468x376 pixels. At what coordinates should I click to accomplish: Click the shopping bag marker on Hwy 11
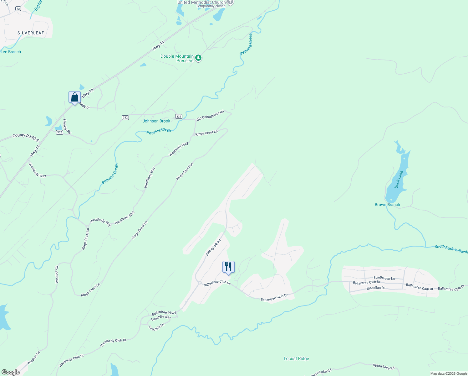pyautogui.click(x=74, y=97)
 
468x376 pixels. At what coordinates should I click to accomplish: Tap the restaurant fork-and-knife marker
pyautogui.click(x=228, y=267)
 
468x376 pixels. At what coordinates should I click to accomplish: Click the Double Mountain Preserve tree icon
pyautogui.click(x=198, y=58)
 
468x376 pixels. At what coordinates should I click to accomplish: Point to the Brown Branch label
pyautogui.click(x=387, y=205)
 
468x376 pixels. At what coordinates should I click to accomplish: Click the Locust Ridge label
pyautogui.click(x=296, y=358)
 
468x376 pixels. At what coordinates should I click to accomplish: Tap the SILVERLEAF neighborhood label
pyautogui.click(x=31, y=33)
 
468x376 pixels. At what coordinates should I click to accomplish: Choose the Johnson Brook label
pyautogui.click(x=156, y=121)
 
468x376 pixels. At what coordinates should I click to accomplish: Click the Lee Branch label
pyautogui.click(x=11, y=52)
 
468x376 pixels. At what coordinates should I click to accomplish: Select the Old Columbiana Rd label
pyautogui.click(x=210, y=115)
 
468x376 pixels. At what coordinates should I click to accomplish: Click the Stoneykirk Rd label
pyautogui.click(x=213, y=248)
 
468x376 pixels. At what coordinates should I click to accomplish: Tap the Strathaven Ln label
pyautogui.click(x=384, y=278)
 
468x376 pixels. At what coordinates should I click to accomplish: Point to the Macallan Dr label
pyautogui.click(x=376, y=288)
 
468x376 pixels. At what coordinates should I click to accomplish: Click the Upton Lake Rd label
pyautogui.click(x=384, y=366)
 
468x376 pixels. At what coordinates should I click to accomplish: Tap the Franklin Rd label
pyautogui.click(x=67, y=126)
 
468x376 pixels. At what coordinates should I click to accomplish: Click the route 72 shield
pyautogui.click(x=18, y=9)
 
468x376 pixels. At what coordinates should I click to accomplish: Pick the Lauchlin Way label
pyautogui.click(x=161, y=317)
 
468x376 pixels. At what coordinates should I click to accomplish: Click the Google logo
pyautogui.click(x=11, y=372)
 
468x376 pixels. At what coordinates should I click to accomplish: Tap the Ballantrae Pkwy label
pyautogui.click(x=164, y=313)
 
